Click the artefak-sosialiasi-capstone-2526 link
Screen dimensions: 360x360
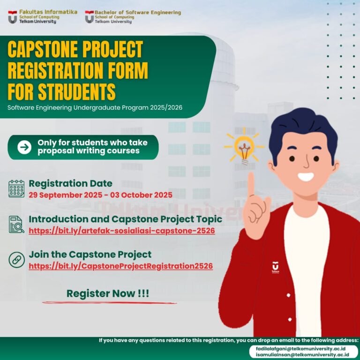click(x=122, y=231)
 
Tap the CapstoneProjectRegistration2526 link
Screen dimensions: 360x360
click(x=120, y=266)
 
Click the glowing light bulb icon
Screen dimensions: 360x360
click(x=244, y=147)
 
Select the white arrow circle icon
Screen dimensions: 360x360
click(x=24, y=147)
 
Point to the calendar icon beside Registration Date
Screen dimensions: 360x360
click(x=16, y=188)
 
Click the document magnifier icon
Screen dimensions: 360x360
click(x=16, y=225)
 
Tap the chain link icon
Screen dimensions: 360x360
click(x=16, y=260)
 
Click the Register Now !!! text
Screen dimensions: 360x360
click(x=108, y=294)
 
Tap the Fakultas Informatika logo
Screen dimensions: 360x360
click(x=13, y=17)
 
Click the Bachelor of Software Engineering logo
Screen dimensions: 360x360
click(x=90, y=17)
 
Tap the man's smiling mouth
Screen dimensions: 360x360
click(x=306, y=177)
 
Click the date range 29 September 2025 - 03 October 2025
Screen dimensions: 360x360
click(x=100, y=195)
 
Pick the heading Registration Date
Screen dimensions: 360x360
click(x=70, y=183)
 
